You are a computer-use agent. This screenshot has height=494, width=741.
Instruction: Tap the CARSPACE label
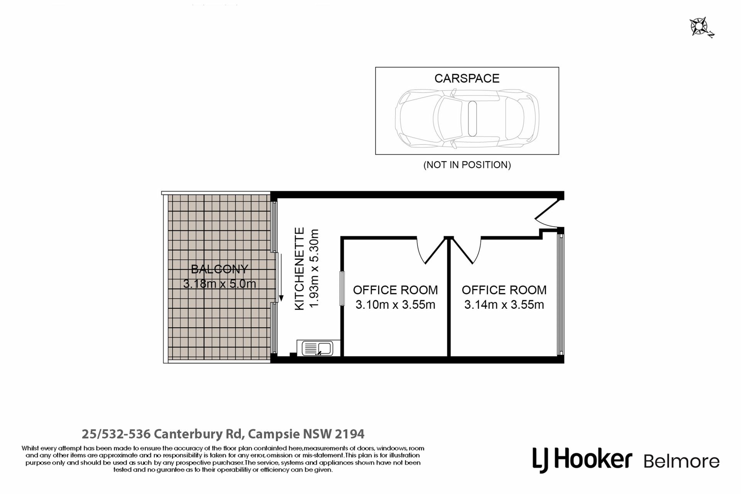467,78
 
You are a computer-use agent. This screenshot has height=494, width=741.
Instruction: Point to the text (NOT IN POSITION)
467,165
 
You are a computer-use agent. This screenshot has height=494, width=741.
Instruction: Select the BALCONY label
220,269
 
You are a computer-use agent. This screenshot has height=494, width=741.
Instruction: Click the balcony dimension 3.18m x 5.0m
220,284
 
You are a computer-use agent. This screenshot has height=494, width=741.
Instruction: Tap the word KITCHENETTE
300,269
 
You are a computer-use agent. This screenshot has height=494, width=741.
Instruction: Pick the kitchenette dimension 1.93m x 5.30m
315,269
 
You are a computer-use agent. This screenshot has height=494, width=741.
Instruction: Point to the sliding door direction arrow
281,277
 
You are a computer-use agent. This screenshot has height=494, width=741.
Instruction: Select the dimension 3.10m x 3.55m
395,305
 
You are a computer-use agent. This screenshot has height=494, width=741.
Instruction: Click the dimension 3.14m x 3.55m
504,305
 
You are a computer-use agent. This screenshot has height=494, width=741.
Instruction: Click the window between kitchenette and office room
342,289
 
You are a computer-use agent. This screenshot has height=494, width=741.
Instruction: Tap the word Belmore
682,462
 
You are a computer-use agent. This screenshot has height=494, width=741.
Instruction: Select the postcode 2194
349,434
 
